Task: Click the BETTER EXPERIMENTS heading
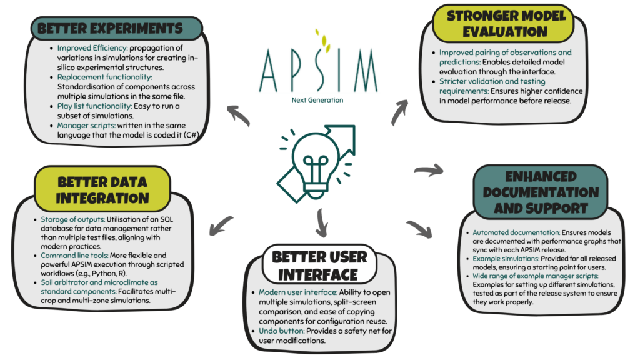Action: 110,29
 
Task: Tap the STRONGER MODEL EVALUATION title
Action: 506,24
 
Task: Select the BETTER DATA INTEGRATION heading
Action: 102,190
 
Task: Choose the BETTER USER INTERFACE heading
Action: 319,266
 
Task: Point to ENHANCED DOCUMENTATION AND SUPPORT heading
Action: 541,192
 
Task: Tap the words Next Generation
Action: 317,100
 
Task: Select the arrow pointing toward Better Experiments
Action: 238,115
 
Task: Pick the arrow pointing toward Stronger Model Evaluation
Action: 399,112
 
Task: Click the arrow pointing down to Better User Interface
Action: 322,223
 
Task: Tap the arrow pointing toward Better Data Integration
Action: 221,226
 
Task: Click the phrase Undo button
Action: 281,331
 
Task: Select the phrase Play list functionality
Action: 94,106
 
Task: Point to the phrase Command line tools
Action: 74,256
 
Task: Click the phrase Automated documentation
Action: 516,232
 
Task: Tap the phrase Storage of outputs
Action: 72,219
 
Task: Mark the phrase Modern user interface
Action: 298,292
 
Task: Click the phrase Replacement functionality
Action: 104,77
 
